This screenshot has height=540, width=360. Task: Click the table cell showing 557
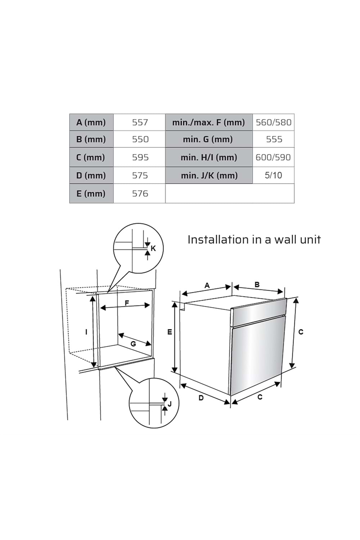click(x=140, y=122)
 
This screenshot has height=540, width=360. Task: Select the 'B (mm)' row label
click(x=91, y=139)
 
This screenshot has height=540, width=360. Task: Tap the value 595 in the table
click(x=140, y=157)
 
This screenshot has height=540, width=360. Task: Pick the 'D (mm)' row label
click(x=91, y=175)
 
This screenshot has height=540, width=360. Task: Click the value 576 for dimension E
click(x=140, y=194)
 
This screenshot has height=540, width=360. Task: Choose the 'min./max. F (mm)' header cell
click(x=208, y=122)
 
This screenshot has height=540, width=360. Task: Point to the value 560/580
click(x=273, y=122)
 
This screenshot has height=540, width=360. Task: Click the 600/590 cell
click(x=273, y=157)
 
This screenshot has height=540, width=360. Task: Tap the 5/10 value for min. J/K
click(x=273, y=175)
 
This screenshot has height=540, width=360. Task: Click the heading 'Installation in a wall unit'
click(x=254, y=240)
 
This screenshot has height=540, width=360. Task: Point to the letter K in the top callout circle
click(x=153, y=248)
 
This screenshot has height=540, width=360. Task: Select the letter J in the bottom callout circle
click(x=170, y=404)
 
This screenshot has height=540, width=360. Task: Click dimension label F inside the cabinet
click(x=127, y=303)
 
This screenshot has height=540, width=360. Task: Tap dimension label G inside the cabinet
click(x=133, y=344)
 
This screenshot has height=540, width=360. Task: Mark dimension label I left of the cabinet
click(x=86, y=332)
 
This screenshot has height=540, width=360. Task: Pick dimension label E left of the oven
click(x=170, y=332)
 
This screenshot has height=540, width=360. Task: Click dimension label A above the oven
click(x=207, y=285)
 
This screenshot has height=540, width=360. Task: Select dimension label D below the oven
click(x=201, y=398)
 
